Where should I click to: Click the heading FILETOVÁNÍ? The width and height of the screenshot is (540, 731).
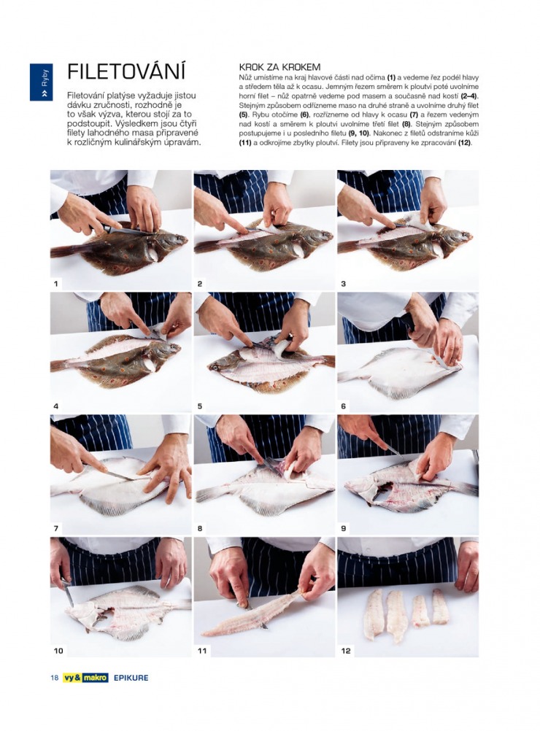[x=126, y=71]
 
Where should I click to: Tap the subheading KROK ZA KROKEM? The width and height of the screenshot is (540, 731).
[x=279, y=68]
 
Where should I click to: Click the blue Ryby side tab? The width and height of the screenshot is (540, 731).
[x=41, y=82]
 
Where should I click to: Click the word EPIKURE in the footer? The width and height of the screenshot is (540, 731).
[x=131, y=678]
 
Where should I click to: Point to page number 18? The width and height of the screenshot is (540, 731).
[x=55, y=678]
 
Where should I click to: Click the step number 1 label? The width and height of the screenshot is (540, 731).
[x=56, y=284]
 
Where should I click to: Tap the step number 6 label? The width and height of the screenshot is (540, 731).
[x=343, y=406]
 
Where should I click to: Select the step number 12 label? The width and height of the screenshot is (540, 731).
[x=346, y=651]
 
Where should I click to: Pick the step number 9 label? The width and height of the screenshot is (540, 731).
[x=343, y=528]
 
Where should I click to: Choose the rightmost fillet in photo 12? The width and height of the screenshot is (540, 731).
[x=440, y=606]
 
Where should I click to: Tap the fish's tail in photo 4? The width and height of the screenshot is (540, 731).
[x=59, y=365]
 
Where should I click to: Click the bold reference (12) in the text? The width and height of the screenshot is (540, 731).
[x=464, y=143]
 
